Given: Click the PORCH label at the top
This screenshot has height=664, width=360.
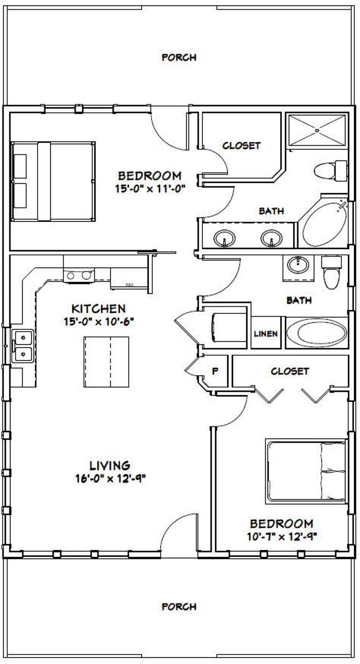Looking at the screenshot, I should tap(179, 58).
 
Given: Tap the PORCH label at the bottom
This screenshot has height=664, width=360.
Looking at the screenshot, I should tap(179, 606).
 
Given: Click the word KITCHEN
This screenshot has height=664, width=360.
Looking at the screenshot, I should tap(98, 309).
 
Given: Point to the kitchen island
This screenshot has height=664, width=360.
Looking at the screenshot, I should tap(106, 361).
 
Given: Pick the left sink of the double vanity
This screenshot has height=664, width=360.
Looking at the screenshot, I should tap(223, 238).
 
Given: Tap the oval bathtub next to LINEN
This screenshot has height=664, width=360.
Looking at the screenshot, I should tap(316, 333).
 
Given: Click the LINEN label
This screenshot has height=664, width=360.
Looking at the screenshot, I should tap(265, 334).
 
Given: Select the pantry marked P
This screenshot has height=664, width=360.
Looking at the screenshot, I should tap(215, 371).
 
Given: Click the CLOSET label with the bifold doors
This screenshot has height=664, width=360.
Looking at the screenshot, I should tap(290, 371).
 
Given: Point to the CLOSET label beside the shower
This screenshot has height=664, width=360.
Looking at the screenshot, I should tap(241, 146).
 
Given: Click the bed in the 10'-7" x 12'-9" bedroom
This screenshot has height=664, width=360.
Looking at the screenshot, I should tap(306, 471).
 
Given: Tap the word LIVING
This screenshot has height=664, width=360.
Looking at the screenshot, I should tap(110, 465).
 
